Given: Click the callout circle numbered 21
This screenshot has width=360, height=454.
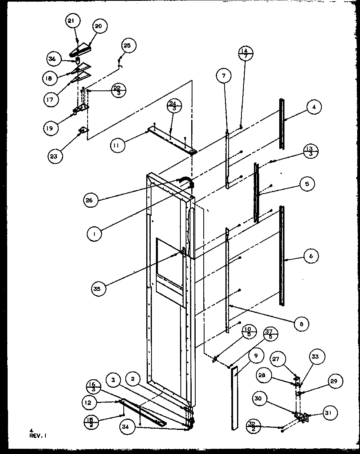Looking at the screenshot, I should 73,22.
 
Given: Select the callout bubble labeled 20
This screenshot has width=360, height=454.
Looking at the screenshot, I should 98,26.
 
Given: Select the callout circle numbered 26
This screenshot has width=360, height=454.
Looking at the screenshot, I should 92,200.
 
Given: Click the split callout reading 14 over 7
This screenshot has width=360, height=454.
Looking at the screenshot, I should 245,53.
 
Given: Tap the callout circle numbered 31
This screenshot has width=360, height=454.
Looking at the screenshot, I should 331,413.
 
